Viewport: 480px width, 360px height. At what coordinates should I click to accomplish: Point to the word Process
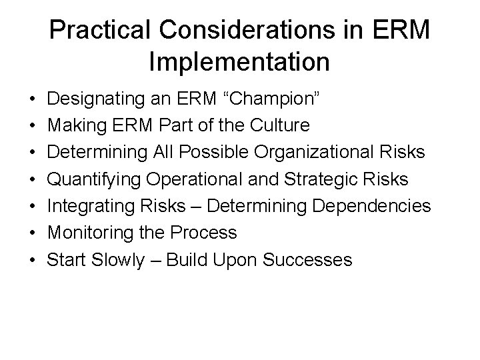pyautogui.click(x=204, y=232)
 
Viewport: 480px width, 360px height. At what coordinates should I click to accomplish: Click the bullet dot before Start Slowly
pyautogui.click(x=33, y=260)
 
